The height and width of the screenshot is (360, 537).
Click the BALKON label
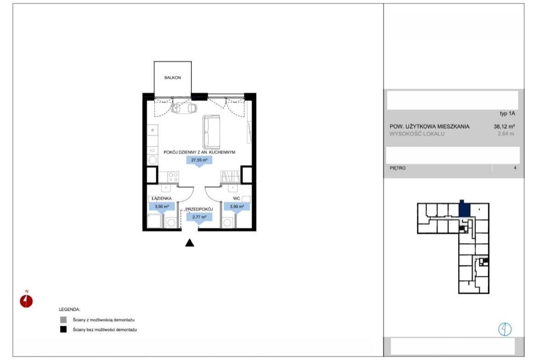tap(172, 78)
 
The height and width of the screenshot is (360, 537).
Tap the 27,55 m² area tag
tap(199, 160)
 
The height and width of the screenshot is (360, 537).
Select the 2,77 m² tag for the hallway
tap(199, 217)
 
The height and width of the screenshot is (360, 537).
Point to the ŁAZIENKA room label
tap(162, 199)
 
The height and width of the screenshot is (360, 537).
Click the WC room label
tap(236, 199)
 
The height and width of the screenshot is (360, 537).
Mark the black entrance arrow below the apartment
tap(190, 243)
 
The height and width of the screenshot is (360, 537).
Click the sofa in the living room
tap(211, 132)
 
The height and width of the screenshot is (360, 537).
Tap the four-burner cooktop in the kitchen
tap(173, 177)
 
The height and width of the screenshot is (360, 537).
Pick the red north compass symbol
tap(26, 301)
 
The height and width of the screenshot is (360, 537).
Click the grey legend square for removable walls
tap(63, 320)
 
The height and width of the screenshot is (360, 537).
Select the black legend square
tap(63, 330)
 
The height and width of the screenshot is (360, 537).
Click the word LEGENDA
tap(69, 310)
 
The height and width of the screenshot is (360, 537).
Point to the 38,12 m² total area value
tap(504, 126)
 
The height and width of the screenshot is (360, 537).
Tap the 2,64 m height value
tap(506, 134)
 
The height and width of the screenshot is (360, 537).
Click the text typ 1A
tap(508, 113)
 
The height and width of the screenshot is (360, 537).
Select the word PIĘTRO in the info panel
tap(397, 168)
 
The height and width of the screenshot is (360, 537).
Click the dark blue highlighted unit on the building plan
tap(464, 209)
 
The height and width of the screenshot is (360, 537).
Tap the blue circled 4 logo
tap(505, 329)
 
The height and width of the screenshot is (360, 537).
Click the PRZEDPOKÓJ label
tap(199, 209)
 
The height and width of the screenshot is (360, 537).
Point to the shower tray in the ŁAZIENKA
tap(154, 221)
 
